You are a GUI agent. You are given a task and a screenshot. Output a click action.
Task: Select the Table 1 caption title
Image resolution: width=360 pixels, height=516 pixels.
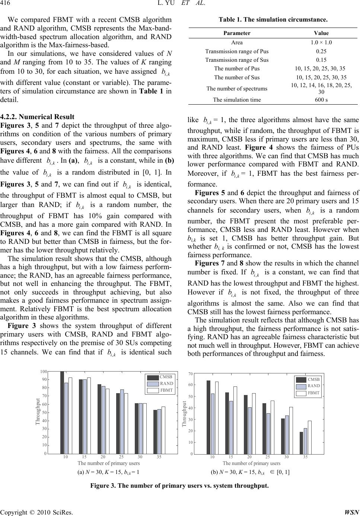pyautogui.click(x=273, y=19)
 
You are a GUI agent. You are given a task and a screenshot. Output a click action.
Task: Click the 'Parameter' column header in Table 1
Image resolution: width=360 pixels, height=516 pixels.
pyautogui.click(x=237, y=33)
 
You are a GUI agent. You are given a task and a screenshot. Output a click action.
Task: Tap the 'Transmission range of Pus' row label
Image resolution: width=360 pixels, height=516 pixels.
pyautogui.click(x=237, y=51)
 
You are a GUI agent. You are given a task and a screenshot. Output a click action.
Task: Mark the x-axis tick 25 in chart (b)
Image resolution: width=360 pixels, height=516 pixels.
pyautogui.click(x=268, y=457)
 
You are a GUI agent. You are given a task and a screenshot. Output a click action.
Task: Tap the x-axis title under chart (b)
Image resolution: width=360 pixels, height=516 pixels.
pyautogui.click(x=251, y=463)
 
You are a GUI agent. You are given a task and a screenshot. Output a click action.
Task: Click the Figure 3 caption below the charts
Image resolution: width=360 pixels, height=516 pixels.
pyautogui.click(x=180, y=486)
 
